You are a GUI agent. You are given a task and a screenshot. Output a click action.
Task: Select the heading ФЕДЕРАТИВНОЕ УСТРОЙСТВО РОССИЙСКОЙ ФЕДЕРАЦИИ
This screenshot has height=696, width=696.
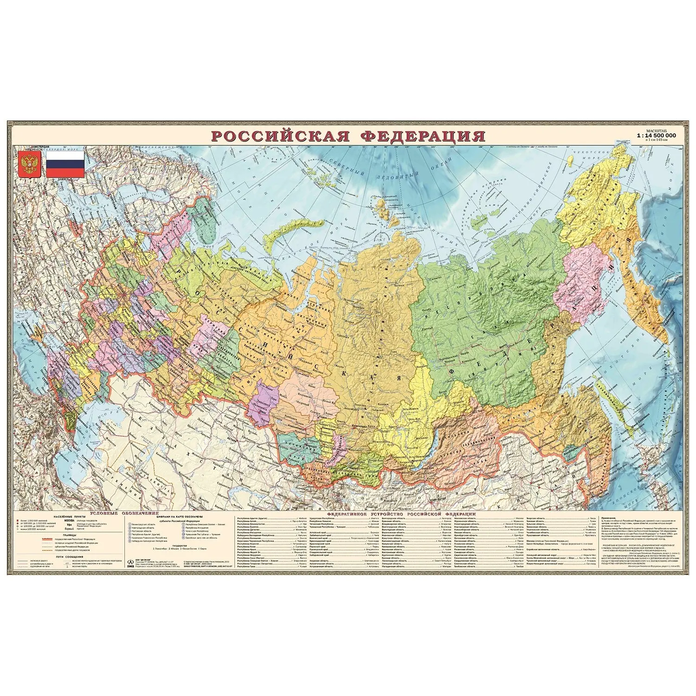click(401, 514)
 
